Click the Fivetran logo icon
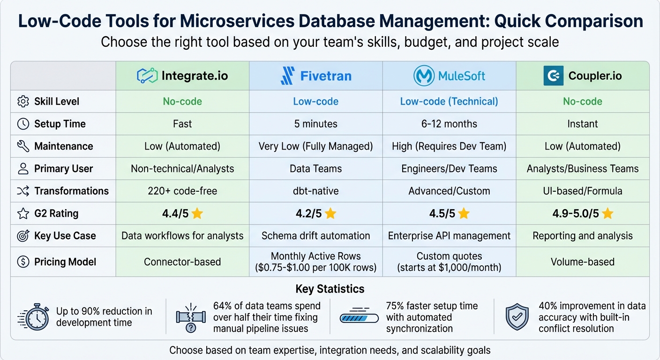(287, 75)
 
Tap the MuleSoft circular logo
(424, 75)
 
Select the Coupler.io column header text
(595, 76)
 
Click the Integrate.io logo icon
(147, 75)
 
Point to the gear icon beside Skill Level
(22, 101)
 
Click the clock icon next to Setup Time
(22, 124)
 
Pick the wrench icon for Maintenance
(22, 146)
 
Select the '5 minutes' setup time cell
(315, 124)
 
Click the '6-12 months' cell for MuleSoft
(449, 124)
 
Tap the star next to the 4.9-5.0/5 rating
(607, 214)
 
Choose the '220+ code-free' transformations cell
(182, 191)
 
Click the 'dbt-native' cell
(315, 191)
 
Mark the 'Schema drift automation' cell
(315, 236)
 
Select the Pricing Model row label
(65, 262)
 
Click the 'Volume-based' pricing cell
(583, 262)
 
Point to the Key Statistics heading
(330, 289)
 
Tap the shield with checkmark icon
(517, 317)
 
